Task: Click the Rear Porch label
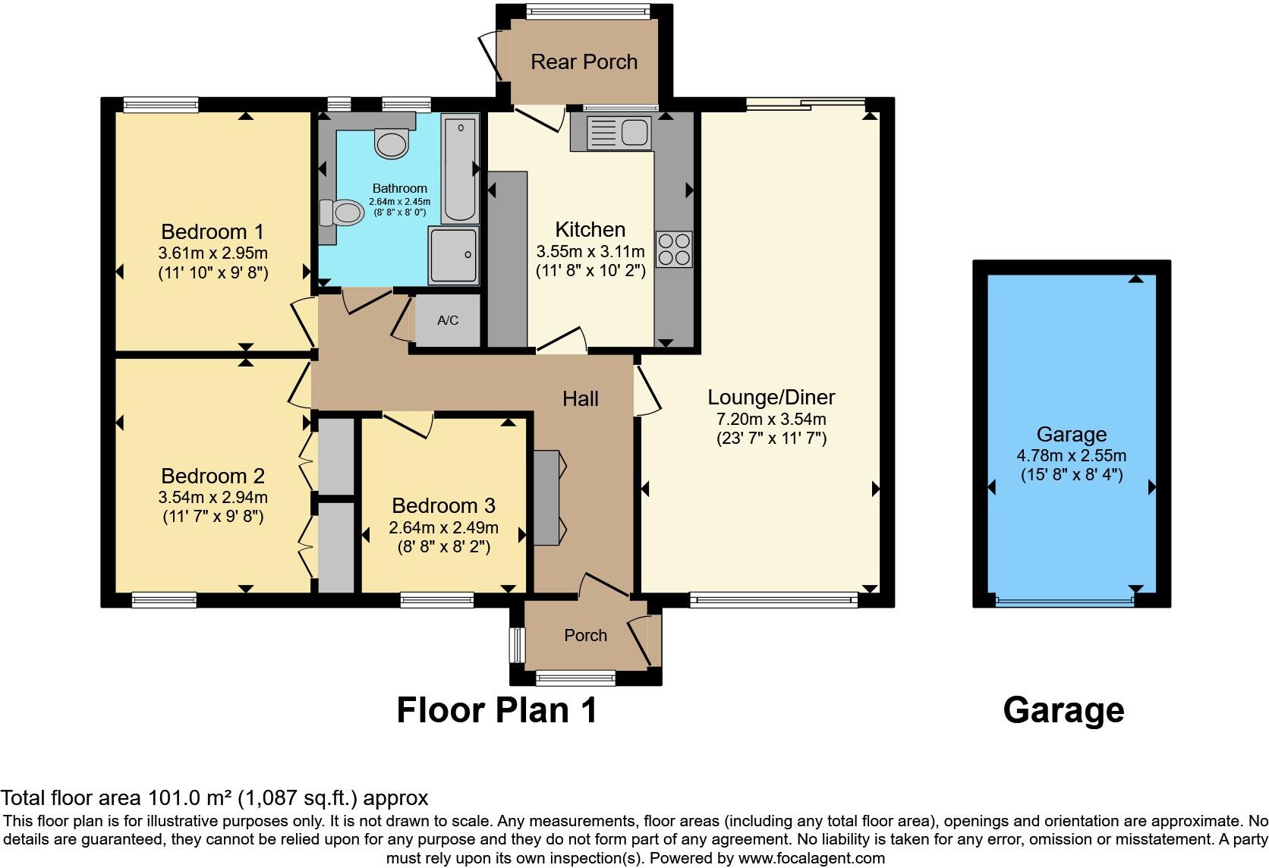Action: (584, 61)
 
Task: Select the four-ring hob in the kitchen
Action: (674, 249)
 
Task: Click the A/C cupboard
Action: (448, 320)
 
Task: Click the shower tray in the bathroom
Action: (453, 255)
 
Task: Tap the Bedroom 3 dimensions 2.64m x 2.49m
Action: (443, 527)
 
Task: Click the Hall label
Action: (581, 398)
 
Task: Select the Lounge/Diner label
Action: (771, 397)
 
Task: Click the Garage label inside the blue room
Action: (1071, 435)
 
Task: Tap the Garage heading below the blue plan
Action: (1063, 711)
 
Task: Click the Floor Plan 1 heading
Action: (497, 711)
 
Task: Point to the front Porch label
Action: (585, 636)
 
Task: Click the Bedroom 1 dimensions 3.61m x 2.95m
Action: (213, 253)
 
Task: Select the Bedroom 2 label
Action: (213, 476)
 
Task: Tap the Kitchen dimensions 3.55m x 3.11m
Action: (590, 251)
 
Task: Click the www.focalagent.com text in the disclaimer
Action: (811, 859)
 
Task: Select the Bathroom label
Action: (399, 188)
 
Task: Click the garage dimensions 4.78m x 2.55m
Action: (1071, 456)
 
